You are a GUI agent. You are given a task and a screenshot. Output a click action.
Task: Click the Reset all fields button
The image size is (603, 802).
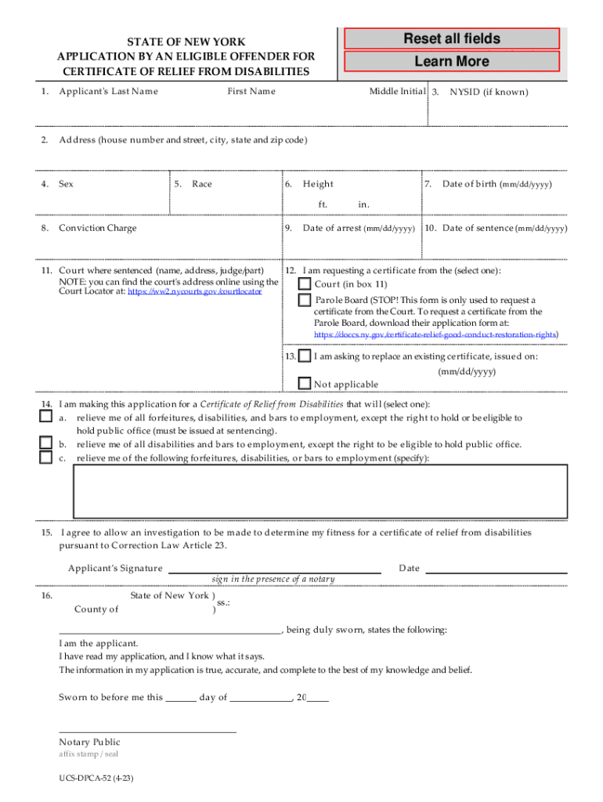click(x=451, y=38)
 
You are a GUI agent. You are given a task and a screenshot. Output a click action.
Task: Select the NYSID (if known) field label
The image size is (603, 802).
click(x=489, y=92)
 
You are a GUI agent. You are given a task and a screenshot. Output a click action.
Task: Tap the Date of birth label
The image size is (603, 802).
click(x=496, y=184)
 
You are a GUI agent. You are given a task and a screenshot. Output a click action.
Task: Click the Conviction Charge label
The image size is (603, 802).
click(x=97, y=228)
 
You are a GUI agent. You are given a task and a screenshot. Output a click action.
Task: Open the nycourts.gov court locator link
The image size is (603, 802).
click(x=194, y=291)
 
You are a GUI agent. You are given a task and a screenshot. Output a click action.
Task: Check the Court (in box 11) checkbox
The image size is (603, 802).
click(x=305, y=284)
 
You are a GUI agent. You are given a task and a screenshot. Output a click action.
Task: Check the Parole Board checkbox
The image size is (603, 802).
click(x=305, y=300)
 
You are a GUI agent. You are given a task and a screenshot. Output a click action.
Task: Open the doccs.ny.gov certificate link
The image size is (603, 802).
click(x=435, y=334)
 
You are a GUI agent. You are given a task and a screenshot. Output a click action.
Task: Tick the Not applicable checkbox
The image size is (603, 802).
click(x=305, y=383)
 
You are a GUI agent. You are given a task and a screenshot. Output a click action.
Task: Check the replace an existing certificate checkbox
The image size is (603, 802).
click(x=305, y=356)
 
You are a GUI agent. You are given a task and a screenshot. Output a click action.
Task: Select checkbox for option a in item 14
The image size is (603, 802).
click(x=46, y=417)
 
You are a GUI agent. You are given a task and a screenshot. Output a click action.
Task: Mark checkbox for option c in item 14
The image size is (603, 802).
click(x=46, y=457)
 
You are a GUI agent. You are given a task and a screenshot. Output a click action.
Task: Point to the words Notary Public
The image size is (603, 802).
click(x=89, y=742)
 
